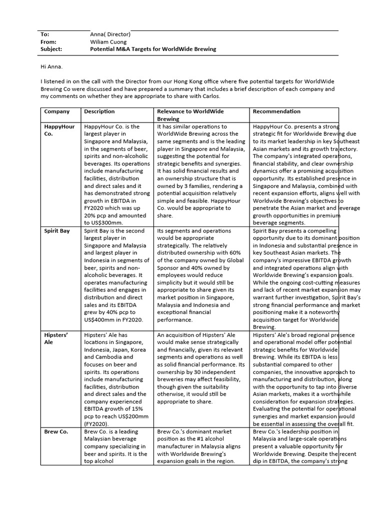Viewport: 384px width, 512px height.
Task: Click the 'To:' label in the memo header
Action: (45, 34)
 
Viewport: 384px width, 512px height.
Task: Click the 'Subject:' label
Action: (51, 49)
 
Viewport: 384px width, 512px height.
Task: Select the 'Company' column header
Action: (57, 111)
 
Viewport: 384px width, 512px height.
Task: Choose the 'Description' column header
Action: (99, 111)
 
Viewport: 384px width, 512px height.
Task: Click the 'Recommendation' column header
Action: (276, 111)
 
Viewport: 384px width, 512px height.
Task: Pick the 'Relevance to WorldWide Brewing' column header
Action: (190, 115)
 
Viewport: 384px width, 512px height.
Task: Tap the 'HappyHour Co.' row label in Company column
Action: (59, 130)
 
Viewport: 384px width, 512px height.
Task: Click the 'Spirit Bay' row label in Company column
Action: (57, 231)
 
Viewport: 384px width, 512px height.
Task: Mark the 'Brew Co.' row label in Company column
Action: (56, 431)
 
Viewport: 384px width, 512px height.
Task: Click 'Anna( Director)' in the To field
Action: (110, 34)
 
